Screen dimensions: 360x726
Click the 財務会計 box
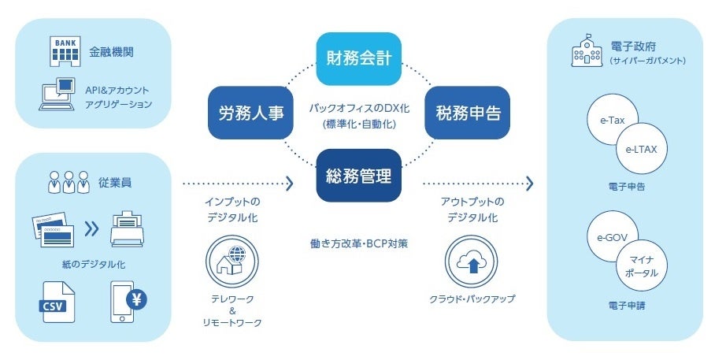click(x=359, y=58)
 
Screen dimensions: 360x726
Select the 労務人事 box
click(x=245, y=113)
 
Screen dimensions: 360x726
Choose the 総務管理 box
click(x=359, y=176)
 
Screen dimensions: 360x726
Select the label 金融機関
click(x=117, y=51)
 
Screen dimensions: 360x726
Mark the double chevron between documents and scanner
click(x=92, y=228)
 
